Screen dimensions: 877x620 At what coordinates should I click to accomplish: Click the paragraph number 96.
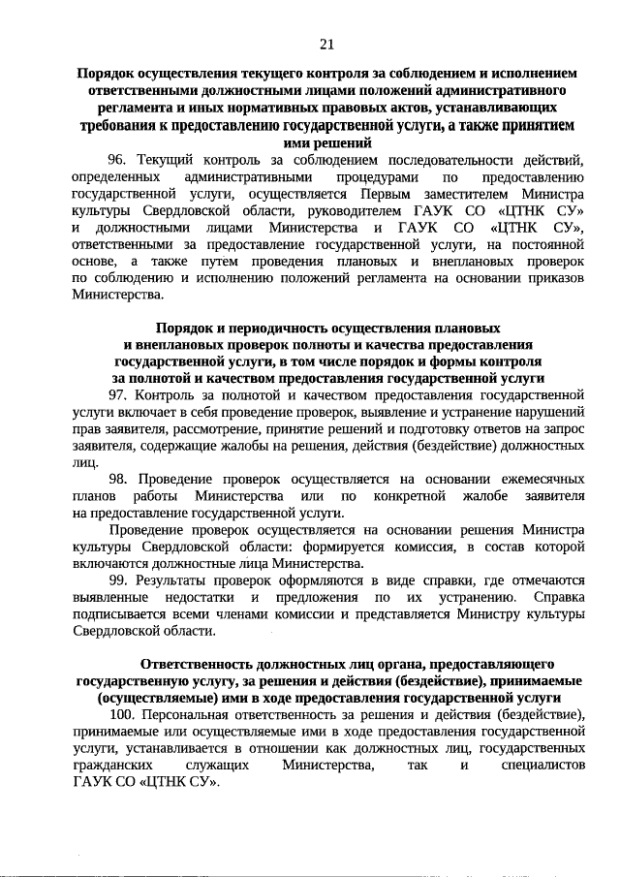(117, 159)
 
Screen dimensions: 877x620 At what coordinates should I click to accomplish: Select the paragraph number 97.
(117, 394)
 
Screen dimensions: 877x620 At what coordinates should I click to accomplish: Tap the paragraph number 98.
(117, 479)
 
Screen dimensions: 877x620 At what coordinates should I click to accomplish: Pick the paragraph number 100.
(121, 715)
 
